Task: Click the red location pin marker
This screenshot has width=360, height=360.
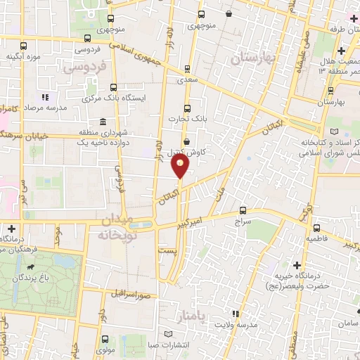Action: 181,167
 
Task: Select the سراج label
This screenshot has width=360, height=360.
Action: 243,220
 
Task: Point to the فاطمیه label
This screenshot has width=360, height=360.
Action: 316,238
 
